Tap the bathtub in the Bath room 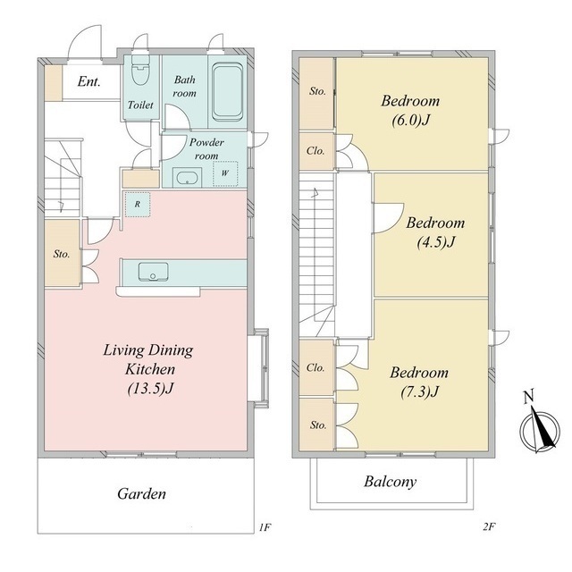click(x=228, y=92)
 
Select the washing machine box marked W click(x=225, y=173)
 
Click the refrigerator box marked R click(x=137, y=205)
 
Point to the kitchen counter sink click(x=153, y=272)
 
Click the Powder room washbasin click(x=187, y=178)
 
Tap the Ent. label click(x=88, y=81)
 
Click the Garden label click(x=141, y=493)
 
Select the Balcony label click(x=390, y=482)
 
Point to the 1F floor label click(x=265, y=527)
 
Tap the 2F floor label click(x=489, y=526)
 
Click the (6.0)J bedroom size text click(x=411, y=120)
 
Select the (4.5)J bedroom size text click(x=436, y=242)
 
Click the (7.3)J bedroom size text click(x=419, y=391)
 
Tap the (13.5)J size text click(x=150, y=389)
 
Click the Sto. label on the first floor click(x=62, y=254)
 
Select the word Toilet click(x=140, y=105)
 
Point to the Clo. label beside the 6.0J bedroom click(x=315, y=151)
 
